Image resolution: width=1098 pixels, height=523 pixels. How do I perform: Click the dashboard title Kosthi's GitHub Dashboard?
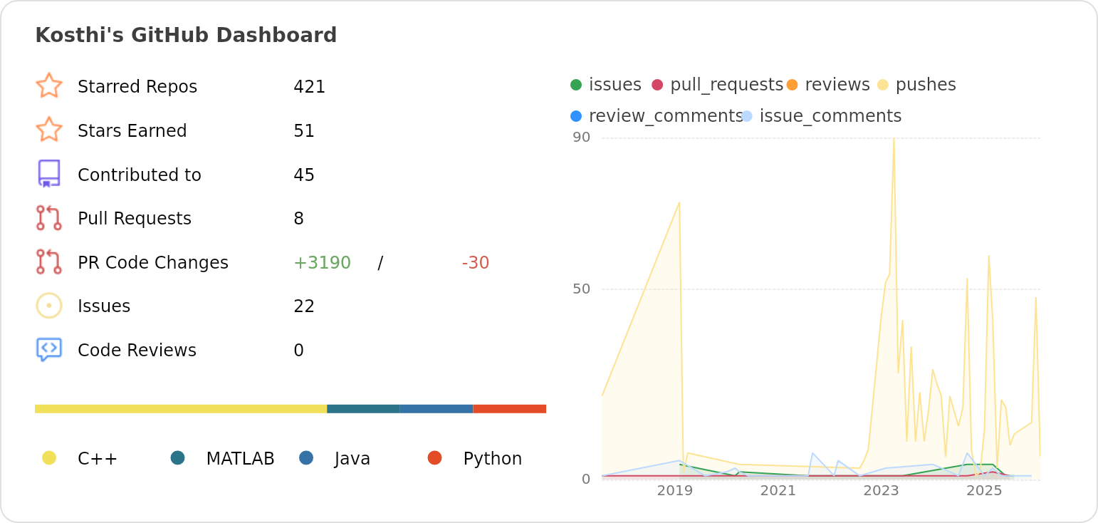(186, 36)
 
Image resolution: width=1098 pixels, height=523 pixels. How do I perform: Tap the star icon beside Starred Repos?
(49, 86)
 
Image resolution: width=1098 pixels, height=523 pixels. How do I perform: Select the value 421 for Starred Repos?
(309, 87)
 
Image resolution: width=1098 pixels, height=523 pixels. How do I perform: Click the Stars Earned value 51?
(304, 131)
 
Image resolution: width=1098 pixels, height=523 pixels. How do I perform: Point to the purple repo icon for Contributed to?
(49, 174)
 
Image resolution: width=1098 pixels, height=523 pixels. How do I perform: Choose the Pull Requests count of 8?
(298, 219)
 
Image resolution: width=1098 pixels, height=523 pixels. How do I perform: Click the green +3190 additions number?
(322, 263)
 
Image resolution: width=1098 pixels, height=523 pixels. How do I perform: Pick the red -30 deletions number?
(475, 263)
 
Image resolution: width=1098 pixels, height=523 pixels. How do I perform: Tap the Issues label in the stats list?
(104, 306)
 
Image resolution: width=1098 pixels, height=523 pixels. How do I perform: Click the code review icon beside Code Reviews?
(49, 349)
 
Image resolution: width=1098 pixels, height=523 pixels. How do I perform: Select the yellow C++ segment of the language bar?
(181, 409)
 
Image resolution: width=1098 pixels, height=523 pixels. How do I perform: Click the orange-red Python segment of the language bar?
(509, 409)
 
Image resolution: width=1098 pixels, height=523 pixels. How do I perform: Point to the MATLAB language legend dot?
(178, 458)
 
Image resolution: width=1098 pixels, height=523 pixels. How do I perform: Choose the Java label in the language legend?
(352, 459)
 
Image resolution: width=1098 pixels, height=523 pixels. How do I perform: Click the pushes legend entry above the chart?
(925, 85)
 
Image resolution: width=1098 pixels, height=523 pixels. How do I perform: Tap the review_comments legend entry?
(665, 116)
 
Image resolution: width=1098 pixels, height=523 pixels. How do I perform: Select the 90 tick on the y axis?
(581, 138)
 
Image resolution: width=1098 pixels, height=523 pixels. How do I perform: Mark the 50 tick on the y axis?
(581, 289)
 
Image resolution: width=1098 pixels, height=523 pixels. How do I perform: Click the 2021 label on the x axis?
(778, 491)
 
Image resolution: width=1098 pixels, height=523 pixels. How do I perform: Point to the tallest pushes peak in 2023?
(894, 140)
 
